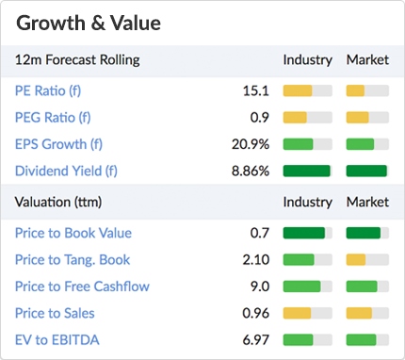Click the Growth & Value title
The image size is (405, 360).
coord(89,22)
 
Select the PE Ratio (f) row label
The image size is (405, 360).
coord(53,91)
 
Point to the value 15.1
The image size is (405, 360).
coord(256,91)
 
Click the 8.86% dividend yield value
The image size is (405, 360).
coord(251,171)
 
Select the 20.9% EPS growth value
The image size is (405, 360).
coord(251,144)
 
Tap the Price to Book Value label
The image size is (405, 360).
coord(73,233)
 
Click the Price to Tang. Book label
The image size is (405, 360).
coord(73,259)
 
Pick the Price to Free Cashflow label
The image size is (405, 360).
coord(82,286)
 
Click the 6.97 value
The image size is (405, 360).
coord(255,338)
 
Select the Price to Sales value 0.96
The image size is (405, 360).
coord(255,312)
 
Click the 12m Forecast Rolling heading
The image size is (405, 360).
coord(77,59)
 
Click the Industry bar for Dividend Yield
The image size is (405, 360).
coord(307,171)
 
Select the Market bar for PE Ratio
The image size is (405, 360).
coord(367,91)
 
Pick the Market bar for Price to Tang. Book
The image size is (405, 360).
coord(367,259)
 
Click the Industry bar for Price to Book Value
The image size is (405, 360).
coord(307,233)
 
